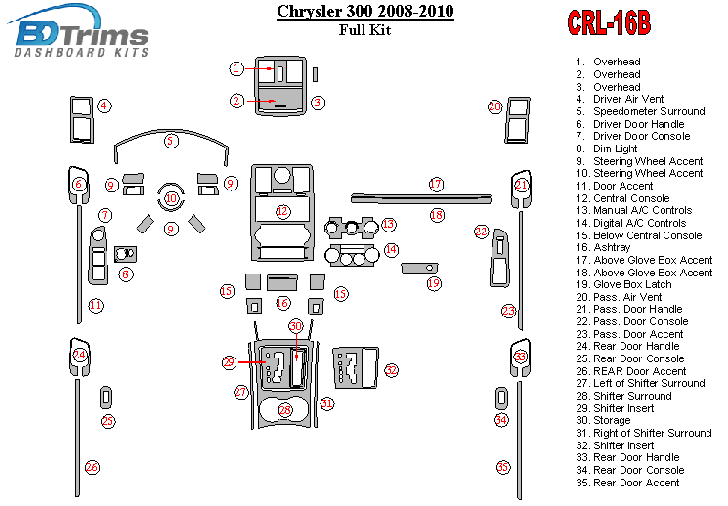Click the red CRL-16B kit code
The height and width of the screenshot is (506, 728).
[609, 23]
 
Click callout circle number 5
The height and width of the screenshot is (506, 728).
[171, 141]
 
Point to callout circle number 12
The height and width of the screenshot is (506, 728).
[282, 211]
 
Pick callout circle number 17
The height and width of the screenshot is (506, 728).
[436, 184]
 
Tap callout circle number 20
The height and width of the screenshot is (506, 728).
[495, 106]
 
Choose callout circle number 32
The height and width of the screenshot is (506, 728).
[391, 370]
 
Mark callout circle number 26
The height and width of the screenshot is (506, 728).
[91, 467]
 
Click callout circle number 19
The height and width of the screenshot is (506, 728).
[434, 283]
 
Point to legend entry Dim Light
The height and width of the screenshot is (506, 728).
[614, 148]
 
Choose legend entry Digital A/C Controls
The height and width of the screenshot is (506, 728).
[639, 223]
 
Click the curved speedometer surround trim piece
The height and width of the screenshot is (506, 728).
[171, 149]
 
